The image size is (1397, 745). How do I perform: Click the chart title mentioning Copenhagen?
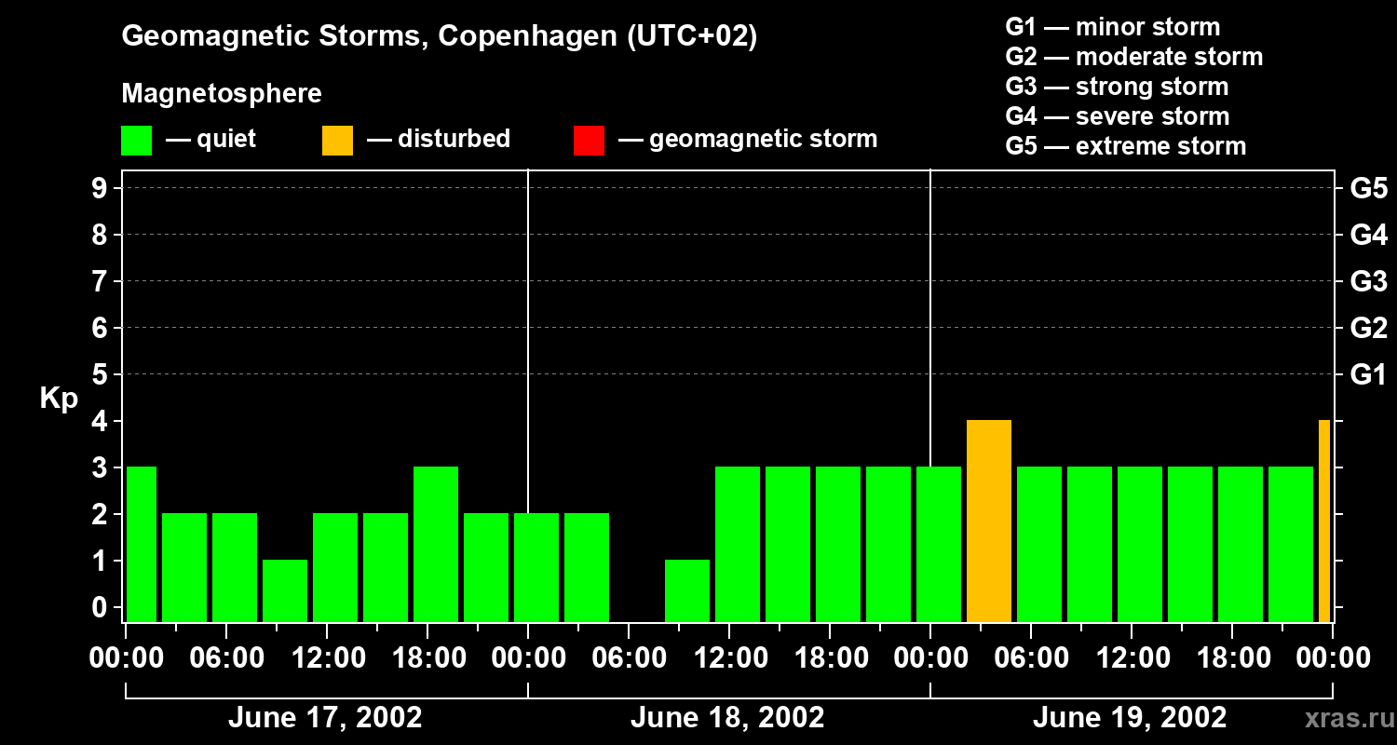click(x=439, y=36)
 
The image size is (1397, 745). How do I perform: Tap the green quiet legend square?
click(x=136, y=141)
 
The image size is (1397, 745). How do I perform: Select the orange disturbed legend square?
click(x=337, y=141)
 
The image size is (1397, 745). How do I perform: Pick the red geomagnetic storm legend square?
click(x=589, y=141)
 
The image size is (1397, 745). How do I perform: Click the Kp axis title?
click(x=59, y=399)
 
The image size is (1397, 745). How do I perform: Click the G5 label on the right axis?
click(x=1368, y=188)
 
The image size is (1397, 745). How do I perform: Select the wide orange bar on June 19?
click(x=989, y=521)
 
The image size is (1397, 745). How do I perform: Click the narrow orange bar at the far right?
click(x=1324, y=521)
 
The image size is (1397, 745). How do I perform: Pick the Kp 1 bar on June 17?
click(x=285, y=590)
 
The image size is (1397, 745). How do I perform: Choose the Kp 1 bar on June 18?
click(x=687, y=590)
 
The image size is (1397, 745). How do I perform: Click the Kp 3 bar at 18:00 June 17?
click(x=436, y=544)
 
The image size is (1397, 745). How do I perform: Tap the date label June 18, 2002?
click(x=727, y=718)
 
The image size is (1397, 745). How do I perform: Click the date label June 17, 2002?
click(x=325, y=718)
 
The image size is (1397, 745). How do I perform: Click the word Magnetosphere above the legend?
click(x=222, y=94)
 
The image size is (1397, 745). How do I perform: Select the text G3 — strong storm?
click(x=1117, y=87)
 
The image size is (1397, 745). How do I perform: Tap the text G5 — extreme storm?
click(x=1125, y=146)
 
